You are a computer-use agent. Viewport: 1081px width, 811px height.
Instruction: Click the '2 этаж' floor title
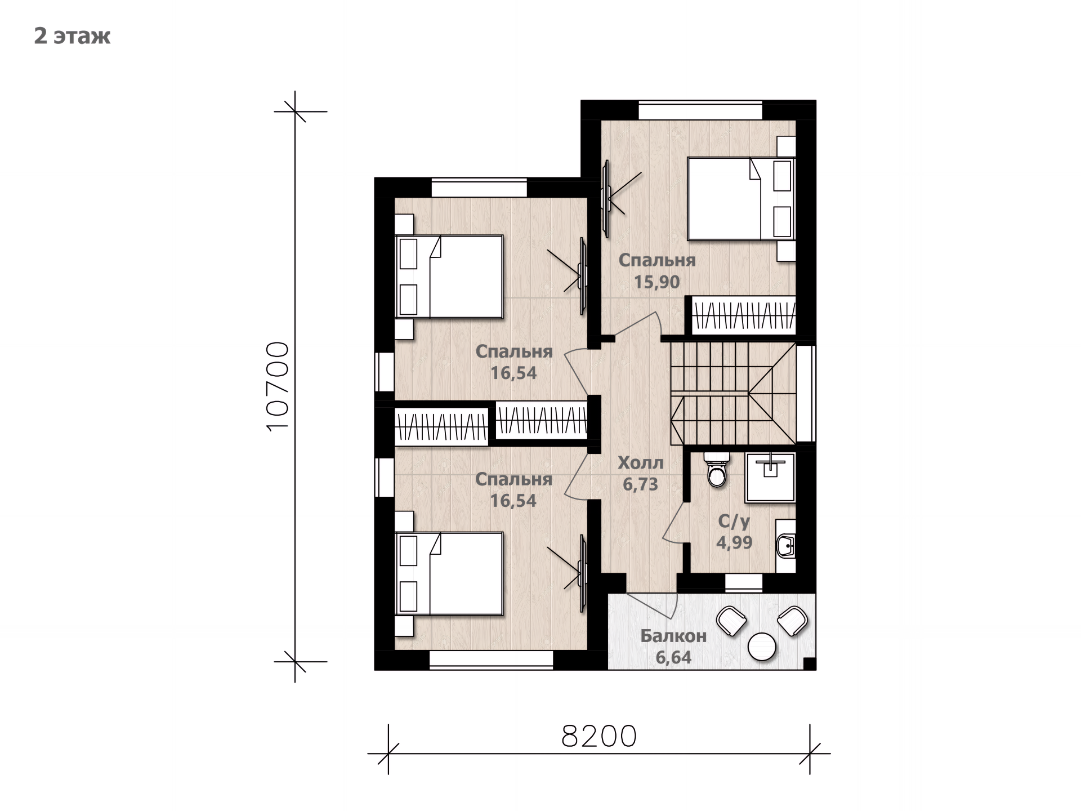[72, 35]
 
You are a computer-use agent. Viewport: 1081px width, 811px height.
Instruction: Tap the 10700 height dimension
[277, 386]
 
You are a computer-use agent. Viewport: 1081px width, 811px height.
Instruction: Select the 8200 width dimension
[599, 736]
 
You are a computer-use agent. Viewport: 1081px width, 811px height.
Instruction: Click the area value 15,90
[657, 282]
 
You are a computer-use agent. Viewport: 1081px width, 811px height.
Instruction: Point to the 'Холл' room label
[641, 463]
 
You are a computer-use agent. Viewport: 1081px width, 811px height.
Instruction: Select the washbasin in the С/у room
[785, 545]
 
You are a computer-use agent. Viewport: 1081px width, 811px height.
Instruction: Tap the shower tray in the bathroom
[770, 477]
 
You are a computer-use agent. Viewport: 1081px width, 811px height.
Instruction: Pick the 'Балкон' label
[673, 636]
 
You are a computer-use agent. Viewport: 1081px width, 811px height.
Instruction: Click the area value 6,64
[673, 657]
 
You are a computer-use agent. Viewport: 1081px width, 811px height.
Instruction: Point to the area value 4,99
[734, 542]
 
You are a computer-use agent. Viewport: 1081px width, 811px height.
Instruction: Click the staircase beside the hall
[733, 393]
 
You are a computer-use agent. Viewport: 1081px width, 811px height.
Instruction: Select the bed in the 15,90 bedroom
[741, 199]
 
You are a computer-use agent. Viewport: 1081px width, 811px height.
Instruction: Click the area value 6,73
[641, 484]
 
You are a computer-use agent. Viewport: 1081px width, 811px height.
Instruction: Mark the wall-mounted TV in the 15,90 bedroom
[607, 198]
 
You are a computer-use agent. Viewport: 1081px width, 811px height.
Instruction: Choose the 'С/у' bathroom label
[734, 522]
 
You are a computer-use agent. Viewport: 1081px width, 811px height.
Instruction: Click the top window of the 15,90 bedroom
[700, 110]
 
